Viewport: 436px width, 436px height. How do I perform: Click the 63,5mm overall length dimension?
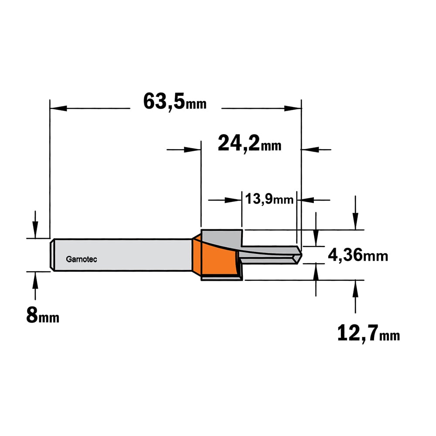[175, 102]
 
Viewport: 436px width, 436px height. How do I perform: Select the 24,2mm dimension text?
[249, 143]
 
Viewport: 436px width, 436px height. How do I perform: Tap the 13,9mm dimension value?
[269, 199]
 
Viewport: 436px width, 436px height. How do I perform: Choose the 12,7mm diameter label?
[368, 334]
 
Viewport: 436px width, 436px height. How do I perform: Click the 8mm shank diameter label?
[43, 315]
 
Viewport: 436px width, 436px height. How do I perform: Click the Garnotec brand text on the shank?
[82, 259]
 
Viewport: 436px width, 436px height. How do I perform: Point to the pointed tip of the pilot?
[301, 255]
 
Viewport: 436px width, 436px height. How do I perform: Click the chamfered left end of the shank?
[52, 255]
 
